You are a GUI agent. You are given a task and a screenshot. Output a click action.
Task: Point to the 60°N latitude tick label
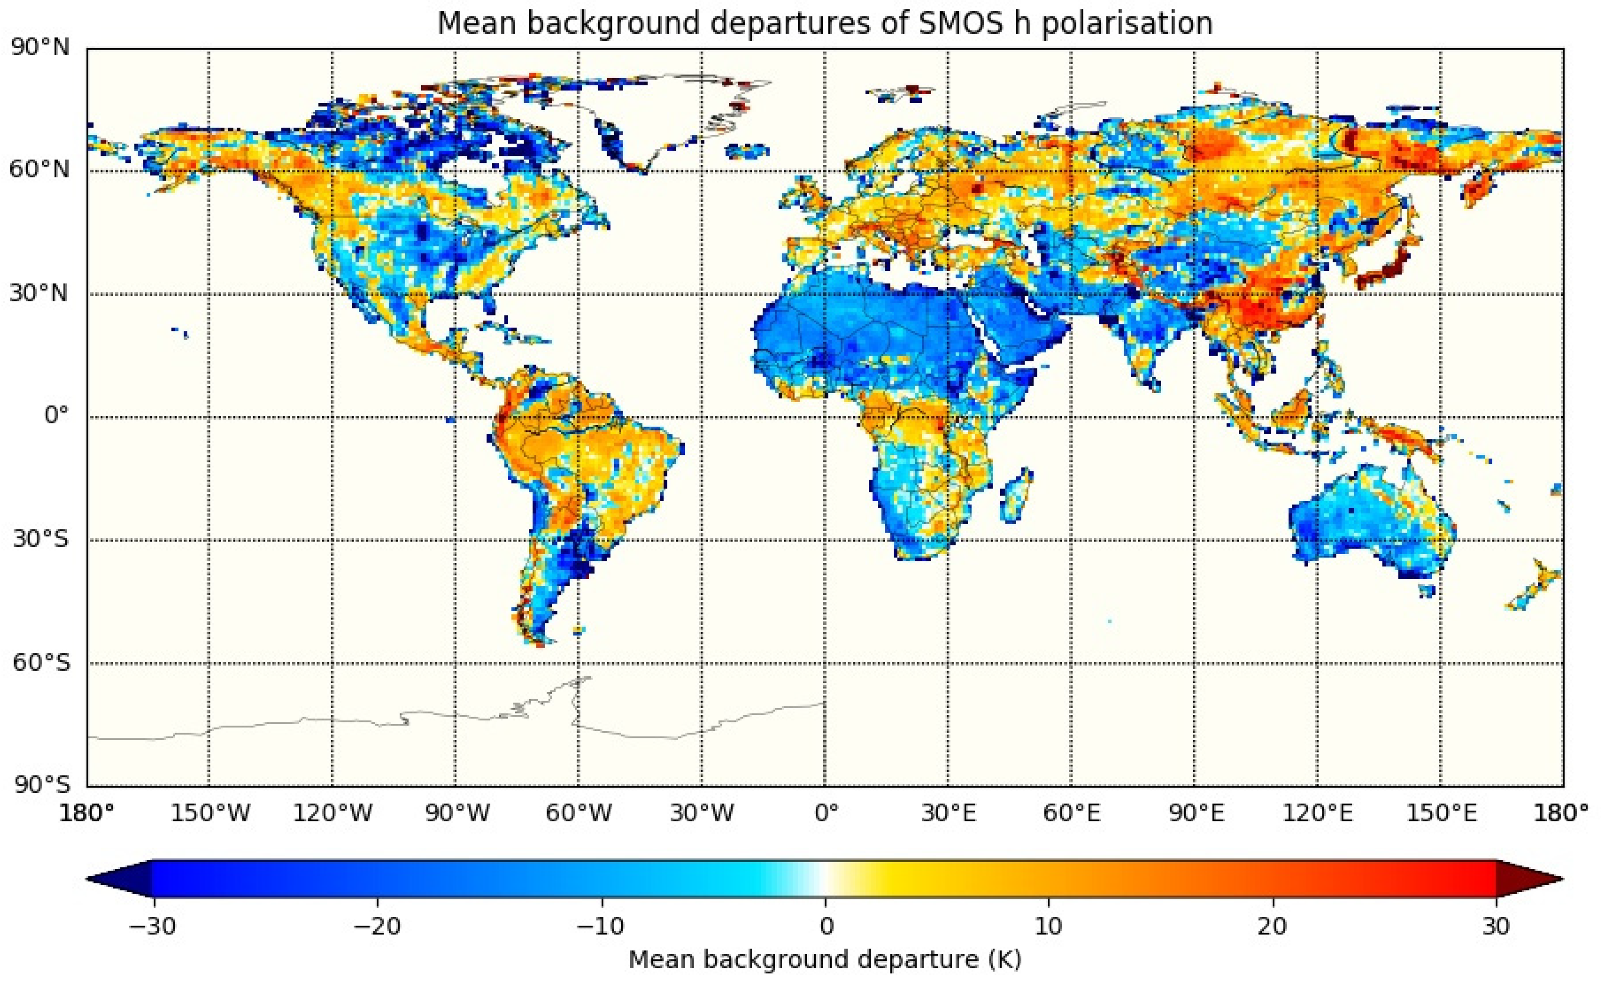coord(39,170)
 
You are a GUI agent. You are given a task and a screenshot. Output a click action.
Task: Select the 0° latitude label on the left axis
coord(56,416)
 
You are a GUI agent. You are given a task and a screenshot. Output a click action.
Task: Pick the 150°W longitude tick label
coord(210,814)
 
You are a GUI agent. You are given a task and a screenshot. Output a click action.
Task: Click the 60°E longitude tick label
coord(1071,814)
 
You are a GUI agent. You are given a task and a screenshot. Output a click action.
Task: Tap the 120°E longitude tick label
coord(1318,814)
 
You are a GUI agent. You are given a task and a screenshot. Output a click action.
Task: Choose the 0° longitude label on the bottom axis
coord(826,814)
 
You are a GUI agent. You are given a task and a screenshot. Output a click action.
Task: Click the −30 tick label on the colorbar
coord(152,926)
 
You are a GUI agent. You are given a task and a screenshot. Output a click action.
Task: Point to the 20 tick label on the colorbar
coord(1272,926)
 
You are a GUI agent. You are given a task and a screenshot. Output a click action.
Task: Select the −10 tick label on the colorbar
coord(601,926)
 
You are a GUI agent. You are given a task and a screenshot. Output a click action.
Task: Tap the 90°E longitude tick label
coord(1195,814)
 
